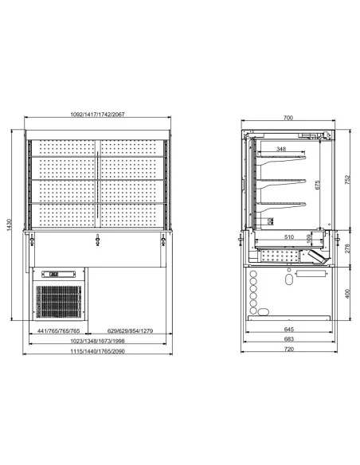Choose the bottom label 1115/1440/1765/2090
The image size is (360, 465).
pos(98,351)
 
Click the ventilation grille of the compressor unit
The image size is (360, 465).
pos(58,302)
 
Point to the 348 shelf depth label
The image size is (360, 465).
pos(281,149)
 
